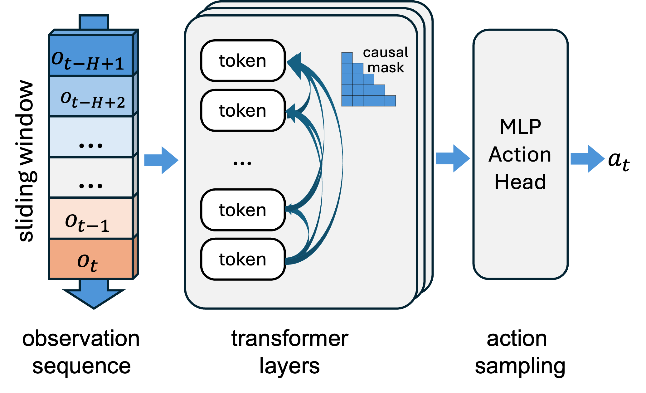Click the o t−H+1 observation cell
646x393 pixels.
tap(91, 56)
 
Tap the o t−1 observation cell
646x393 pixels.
tap(91, 218)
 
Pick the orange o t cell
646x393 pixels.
tap(91, 259)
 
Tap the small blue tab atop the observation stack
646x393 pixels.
tap(94, 22)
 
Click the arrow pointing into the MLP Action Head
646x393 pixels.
tap(453, 158)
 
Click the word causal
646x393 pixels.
tap(386, 52)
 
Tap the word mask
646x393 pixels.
tap(386, 68)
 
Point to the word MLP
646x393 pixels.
tap(520, 127)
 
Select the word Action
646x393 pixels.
tap(520, 154)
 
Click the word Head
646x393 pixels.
tap(520, 182)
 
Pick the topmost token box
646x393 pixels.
tap(243, 61)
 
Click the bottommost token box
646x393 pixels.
tap(243, 259)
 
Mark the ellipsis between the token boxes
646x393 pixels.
tap(242, 163)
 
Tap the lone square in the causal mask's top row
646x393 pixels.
tap(347, 58)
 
